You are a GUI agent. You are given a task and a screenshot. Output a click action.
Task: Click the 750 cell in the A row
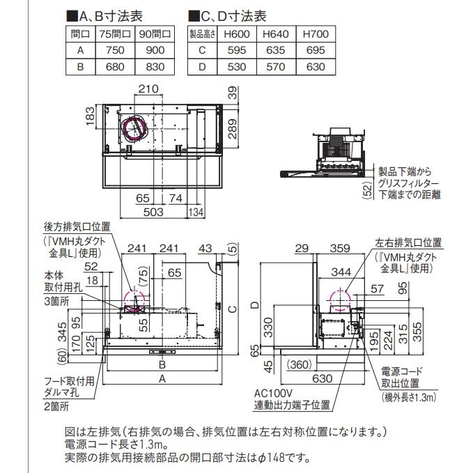tap(115, 50)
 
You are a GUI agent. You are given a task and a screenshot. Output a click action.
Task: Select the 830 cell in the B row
tap(155, 67)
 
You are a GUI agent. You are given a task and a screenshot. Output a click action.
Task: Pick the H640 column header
tap(276, 33)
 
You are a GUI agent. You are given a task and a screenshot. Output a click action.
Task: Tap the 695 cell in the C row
tap(316, 50)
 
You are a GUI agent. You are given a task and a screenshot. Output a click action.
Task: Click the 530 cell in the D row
tap(237, 67)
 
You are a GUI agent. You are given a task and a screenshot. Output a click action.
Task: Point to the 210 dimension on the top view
tap(148, 88)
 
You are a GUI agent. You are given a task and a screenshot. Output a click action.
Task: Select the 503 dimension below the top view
tap(153, 212)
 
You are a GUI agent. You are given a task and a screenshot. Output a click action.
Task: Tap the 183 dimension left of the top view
tap(90, 116)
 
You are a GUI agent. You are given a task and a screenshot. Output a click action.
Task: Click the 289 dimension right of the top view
tap(232, 129)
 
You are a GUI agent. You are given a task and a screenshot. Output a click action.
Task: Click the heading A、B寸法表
tap(104, 16)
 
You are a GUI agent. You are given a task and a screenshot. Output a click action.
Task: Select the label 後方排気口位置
tap(77, 227)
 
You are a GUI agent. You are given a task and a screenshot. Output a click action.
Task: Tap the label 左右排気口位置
tap(408, 242)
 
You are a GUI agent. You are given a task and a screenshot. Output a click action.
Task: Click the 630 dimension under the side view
tap(322, 378)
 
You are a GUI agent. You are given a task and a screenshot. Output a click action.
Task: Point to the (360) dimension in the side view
tap(300, 365)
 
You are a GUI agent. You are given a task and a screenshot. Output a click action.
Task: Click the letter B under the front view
tap(162, 364)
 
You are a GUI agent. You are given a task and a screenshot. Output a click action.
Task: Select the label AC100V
tap(273, 393)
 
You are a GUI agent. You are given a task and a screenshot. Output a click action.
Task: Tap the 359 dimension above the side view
tap(340, 248)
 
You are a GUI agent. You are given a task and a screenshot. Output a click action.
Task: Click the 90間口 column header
tap(155, 33)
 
